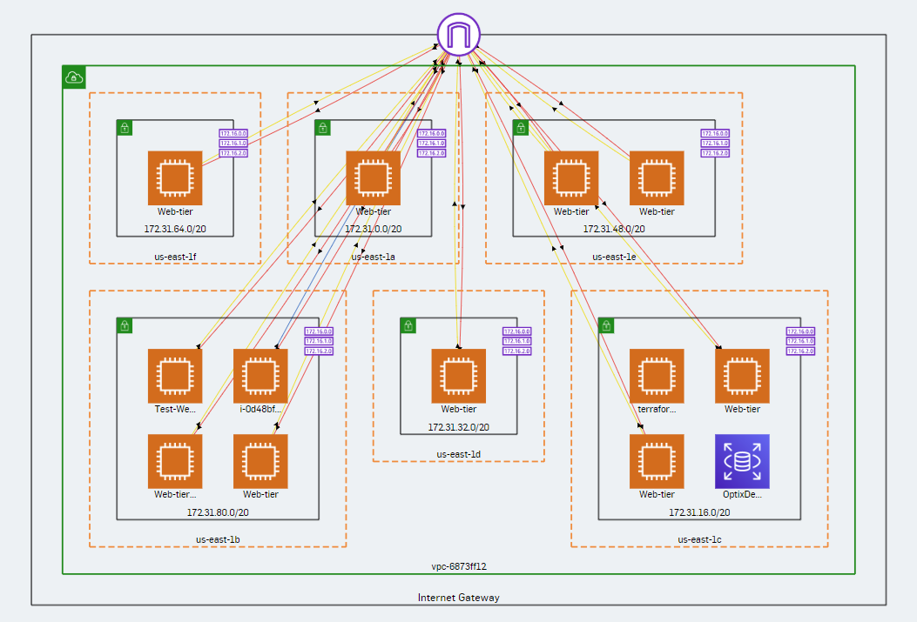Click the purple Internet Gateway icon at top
[x=458, y=35]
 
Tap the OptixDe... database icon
[x=742, y=460]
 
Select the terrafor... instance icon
[x=657, y=376]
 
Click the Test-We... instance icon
[x=175, y=376]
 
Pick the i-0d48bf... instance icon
[x=260, y=376]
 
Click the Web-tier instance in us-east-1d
[x=458, y=376]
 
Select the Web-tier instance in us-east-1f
[x=175, y=178]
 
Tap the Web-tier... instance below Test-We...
[x=175, y=460]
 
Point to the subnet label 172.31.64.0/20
[x=175, y=229]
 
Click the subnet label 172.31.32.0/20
[x=458, y=427]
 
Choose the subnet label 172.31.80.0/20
[x=218, y=512]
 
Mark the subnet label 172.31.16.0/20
[x=699, y=512]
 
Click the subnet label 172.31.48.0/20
[x=614, y=229]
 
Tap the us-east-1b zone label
[x=218, y=539]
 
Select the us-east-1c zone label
[x=699, y=539]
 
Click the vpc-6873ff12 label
[x=458, y=566]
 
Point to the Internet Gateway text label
[x=458, y=597]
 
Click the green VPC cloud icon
[x=74, y=77]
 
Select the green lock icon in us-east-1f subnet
[x=125, y=128]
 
